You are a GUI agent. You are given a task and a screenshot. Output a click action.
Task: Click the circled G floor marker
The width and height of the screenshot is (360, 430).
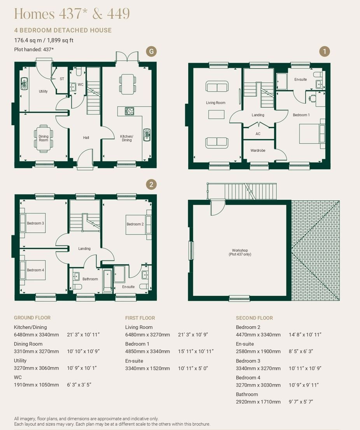tap(151, 52)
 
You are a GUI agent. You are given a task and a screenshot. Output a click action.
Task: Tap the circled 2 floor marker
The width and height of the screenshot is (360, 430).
tap(151, 184)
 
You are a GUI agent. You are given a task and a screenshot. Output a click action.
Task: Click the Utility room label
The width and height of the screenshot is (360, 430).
tap(43, 92)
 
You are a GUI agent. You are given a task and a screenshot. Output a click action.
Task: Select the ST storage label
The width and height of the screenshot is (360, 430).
tap(62, 79)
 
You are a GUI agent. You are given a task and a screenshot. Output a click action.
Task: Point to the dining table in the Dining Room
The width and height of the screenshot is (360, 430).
tap(44, 138)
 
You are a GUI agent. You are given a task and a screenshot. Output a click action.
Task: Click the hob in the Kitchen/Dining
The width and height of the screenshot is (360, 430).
tap(129, 111)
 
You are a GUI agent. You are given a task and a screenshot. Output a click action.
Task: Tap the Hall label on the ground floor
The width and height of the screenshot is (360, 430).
tap(86, 138)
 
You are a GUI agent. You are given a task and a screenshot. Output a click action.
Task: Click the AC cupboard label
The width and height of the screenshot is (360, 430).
tap(258, 134)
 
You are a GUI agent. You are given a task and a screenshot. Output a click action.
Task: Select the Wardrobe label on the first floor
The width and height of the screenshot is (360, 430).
tap(258, 150)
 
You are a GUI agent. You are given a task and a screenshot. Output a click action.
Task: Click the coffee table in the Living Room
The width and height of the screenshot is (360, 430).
tap(217, 114)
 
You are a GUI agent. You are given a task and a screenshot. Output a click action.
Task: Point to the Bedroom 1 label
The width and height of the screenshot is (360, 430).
tap(301, 115)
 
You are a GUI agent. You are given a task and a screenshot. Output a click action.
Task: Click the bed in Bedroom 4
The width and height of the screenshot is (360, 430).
tap(33, 270)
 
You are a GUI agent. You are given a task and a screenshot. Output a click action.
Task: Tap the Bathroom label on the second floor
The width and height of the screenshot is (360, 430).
tap(90, 279)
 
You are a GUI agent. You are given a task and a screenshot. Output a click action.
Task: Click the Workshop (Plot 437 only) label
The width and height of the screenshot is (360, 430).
tap(240, 252)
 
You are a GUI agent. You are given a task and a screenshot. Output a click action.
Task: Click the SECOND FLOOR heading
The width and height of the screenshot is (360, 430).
tap(254, 318)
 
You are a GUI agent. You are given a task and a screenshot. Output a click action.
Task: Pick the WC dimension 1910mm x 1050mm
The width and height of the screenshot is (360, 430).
tap(37, 385)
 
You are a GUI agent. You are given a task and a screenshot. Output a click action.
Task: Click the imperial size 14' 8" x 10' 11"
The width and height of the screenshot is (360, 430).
tap(305, 335)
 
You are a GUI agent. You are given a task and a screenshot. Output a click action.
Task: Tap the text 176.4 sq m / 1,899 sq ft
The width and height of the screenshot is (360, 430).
tap(44, 40)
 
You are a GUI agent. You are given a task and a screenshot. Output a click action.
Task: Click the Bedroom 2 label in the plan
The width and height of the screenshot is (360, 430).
tap(135, 224)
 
